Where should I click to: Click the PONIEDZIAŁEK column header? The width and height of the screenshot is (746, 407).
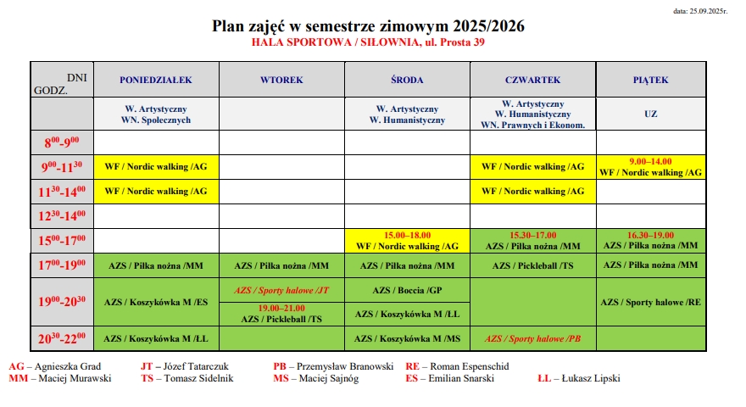click(156, 80)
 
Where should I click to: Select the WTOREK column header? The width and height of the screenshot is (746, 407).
click(281, 80)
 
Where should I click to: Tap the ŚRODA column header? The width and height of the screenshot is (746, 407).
click(407, 80)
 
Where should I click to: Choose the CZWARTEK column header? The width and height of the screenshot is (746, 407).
click(532, 80)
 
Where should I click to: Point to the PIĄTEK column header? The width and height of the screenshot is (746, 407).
click(651, 80)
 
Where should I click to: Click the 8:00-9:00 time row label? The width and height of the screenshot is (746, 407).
click(62, 142)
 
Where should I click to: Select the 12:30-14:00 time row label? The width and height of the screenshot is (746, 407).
click(62, 215)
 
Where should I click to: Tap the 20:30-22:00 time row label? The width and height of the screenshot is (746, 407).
click(62, 338)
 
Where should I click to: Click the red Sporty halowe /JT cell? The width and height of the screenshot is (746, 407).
click(281, 289)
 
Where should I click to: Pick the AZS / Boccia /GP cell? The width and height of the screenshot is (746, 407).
click(407, 289)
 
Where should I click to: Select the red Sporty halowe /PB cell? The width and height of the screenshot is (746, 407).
click(532, 338)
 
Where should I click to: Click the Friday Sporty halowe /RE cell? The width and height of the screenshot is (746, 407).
click(651, 302)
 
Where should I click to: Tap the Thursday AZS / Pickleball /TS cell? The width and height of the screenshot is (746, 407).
click(532, 265)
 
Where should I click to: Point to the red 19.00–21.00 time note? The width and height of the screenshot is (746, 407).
click(281, 308)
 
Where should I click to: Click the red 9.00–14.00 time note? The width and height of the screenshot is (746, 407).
click(651, 160)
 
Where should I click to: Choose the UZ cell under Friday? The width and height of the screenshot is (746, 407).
click(651, 113)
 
